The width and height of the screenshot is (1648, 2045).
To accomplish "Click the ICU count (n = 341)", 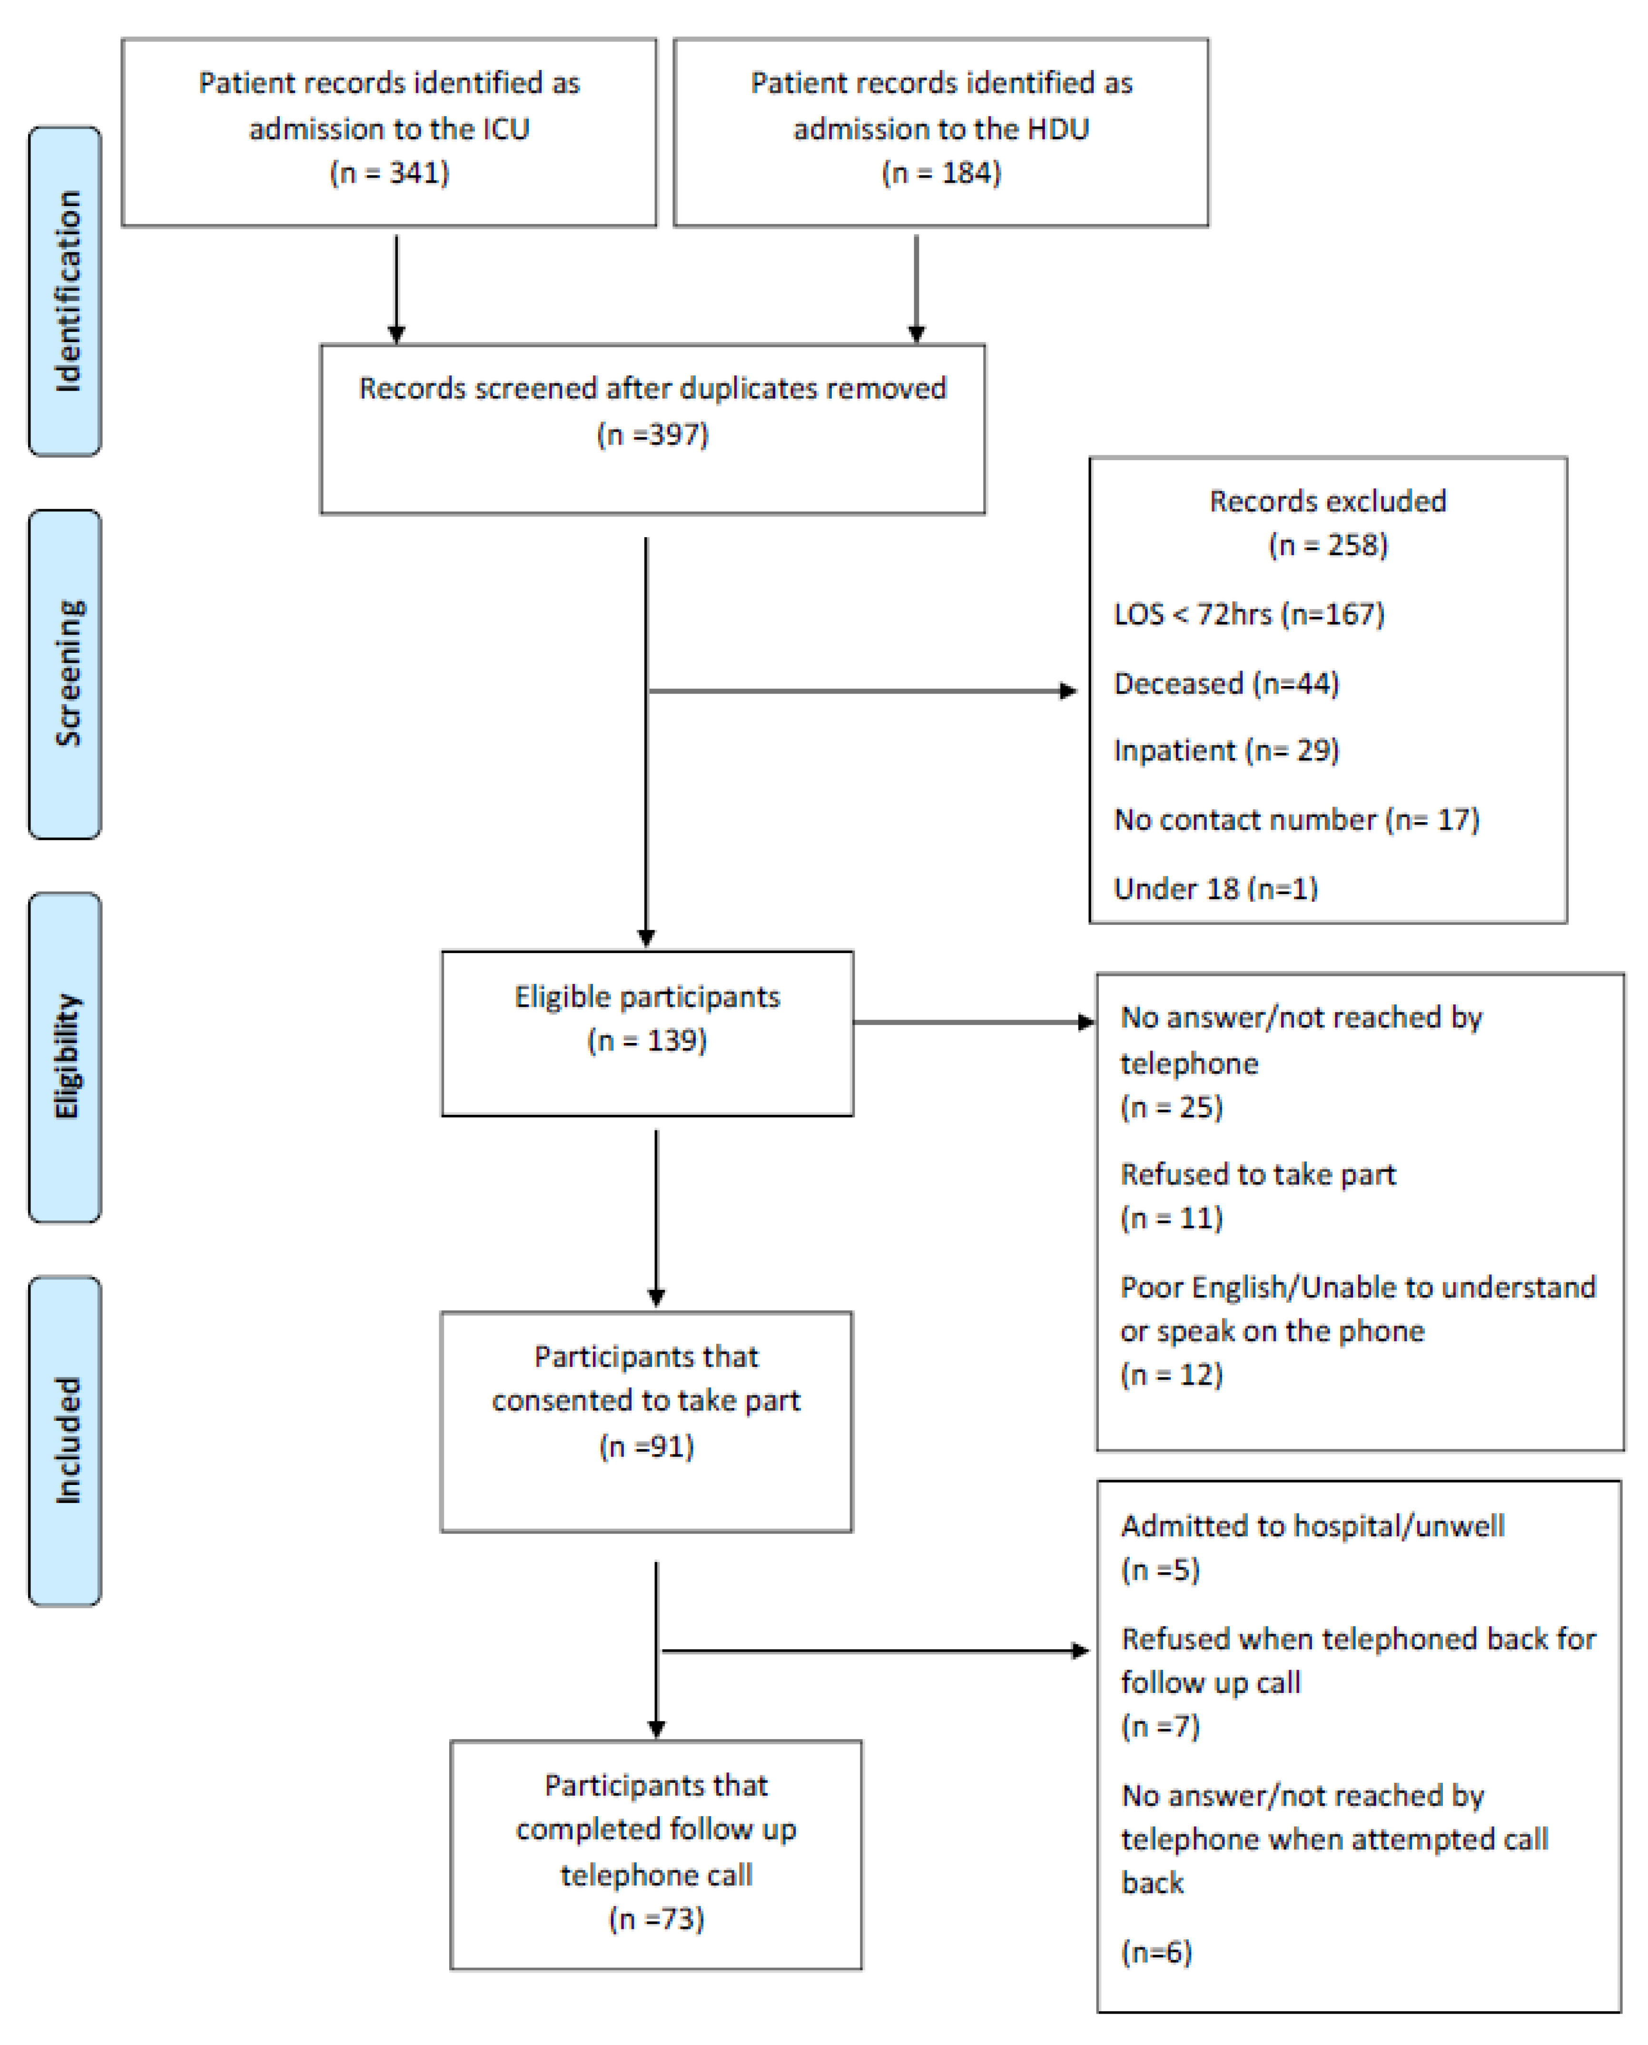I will pyautogui.click(x=389, y=173).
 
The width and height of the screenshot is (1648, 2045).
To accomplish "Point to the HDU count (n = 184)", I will pyautogui.click(x=941, y=173).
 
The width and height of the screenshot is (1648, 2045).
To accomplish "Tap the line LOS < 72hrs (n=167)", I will pyautogui.click(x=1248, y=614).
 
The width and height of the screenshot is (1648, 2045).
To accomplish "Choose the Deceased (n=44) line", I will pyautogui.click(x=1225, y=683).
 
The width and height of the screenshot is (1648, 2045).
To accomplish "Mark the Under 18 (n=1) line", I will pyautogui.click(x=1215, y=888).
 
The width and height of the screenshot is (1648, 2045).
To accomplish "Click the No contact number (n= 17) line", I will pyautogui.click(x=1296, y=819).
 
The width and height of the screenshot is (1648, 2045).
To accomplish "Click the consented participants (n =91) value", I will pyautogui.click(x=646, y=1446).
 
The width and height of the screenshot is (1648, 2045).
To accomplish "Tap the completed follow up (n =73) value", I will pyautogui.click(x=656, y=1919).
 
